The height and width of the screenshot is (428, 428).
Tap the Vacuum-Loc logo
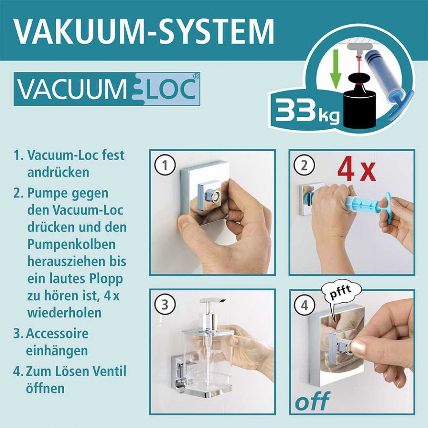[x=107, y=89]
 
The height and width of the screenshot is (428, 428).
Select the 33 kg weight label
[x=307, y=111]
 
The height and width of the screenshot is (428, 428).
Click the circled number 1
[x=165, y=165]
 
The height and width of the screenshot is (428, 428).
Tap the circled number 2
[x=305, y=165]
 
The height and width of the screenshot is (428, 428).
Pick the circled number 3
[x=165, y=305]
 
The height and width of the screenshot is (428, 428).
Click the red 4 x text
[x=357, y=171]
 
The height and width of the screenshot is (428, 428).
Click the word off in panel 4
[x=313, y=401]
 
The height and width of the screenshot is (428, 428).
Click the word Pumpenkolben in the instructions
[x=71, y=245]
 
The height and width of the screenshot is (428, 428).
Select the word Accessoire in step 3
[x=58, y=333]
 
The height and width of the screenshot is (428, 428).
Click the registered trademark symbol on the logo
[x=196, y=77]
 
